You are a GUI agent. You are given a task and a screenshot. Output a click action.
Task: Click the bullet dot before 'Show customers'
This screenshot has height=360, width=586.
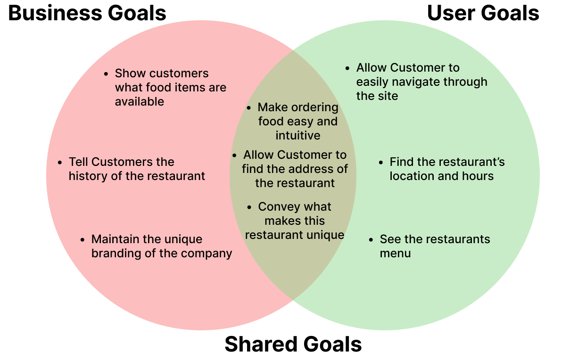(107, 74)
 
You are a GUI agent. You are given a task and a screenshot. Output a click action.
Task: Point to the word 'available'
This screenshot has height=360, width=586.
(140, 102)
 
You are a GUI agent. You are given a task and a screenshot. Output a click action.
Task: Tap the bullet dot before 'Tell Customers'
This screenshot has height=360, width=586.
(60, 163)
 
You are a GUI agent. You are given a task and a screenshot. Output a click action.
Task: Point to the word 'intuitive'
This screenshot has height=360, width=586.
(298, 136)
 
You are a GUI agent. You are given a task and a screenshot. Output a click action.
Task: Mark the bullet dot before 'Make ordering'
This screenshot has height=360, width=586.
(249, 108)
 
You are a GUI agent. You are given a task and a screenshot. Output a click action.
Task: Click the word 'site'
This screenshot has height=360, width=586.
(390, 96)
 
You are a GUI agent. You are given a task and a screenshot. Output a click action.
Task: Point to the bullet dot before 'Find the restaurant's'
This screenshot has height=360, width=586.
(381, 163)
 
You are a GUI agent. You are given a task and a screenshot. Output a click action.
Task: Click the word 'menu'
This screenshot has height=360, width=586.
(395, 254)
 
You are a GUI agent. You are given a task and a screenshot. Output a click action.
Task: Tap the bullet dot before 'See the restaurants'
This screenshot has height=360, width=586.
(371, 239)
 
